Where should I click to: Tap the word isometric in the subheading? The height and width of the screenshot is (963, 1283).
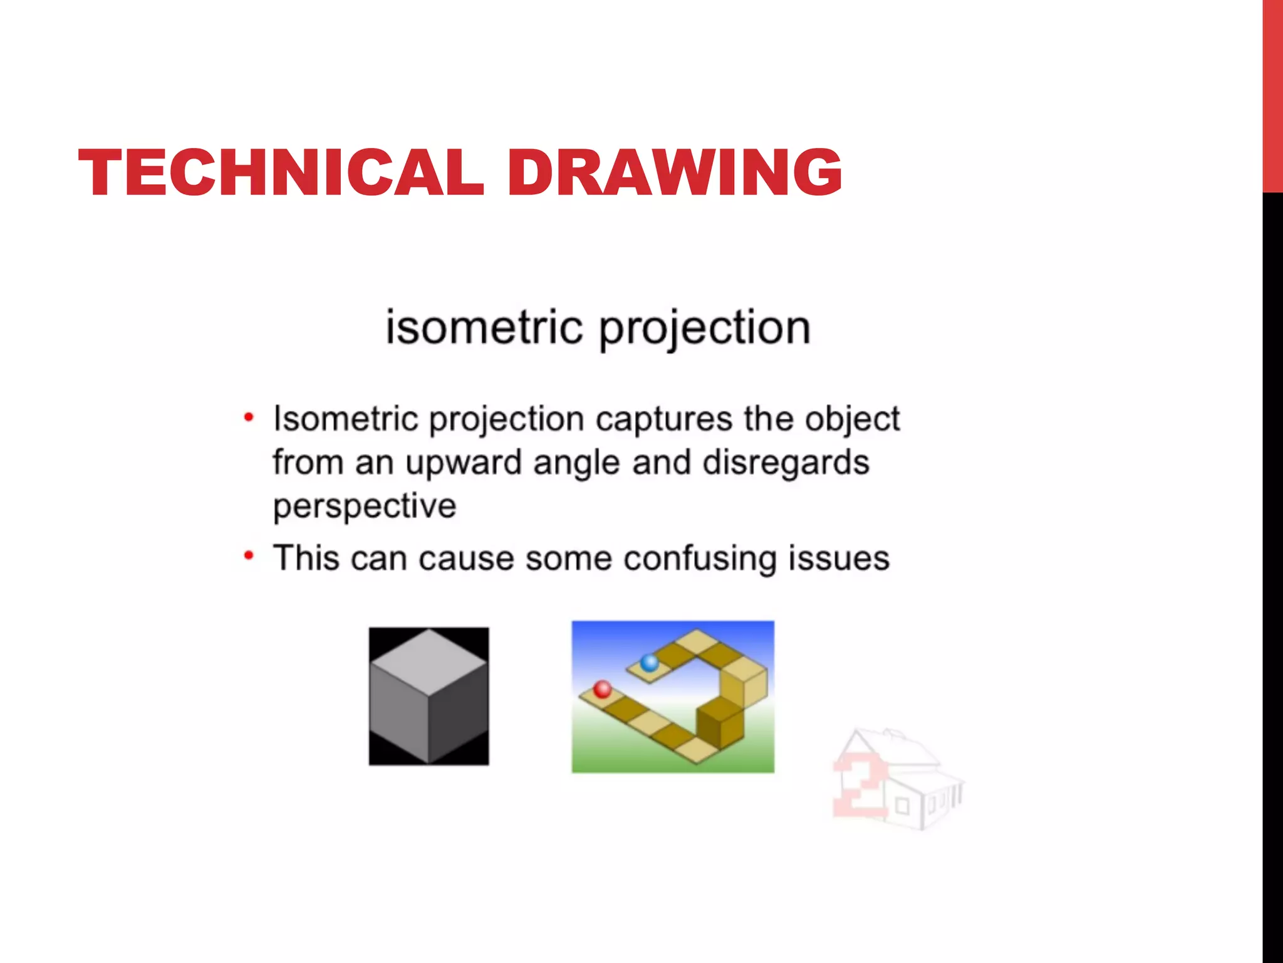coord(484,327)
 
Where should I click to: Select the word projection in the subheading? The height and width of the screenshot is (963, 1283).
coord(705,329)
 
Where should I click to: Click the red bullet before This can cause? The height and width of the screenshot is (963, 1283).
coord(249,555)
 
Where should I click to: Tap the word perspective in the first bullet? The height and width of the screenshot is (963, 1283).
coord(365,507)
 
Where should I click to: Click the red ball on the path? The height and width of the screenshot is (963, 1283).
coord(603,689)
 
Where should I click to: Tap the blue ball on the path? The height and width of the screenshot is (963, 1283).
coord(650,662)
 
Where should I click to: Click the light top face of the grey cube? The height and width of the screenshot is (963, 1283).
coord(429,660)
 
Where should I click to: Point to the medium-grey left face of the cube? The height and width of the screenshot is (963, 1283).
coord(398,715)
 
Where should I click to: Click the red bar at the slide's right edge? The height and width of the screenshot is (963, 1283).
coord(1272,94)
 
